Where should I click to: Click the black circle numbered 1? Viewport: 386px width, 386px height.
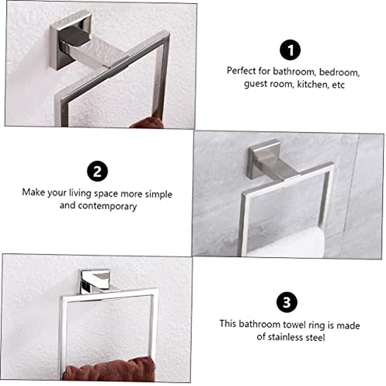[290, 50]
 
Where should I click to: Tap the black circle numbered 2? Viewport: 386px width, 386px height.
[97, 171]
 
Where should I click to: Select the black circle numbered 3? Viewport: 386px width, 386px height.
[287, 302]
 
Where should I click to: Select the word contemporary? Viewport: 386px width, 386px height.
[107, 206]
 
